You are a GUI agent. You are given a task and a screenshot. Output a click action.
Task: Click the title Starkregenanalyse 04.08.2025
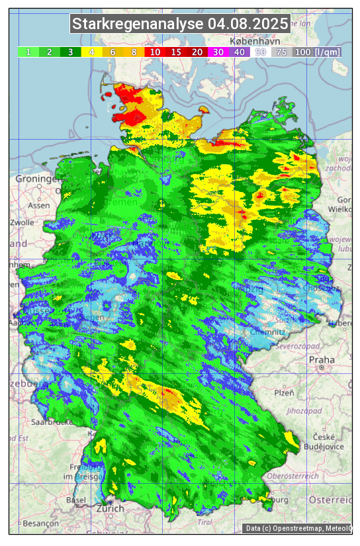tap(180, 24)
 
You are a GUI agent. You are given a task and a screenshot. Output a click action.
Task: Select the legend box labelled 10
tap(155, 52)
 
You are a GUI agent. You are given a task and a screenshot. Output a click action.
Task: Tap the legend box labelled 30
tap(218, 52)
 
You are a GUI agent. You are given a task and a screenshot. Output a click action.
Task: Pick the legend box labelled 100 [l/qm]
tap(317, 52)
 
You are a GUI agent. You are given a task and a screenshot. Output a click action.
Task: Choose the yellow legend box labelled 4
tap(92, 52)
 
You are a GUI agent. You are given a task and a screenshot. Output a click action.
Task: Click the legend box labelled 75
tap(281, 52)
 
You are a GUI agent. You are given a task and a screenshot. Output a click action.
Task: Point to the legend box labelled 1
tap(28, 52)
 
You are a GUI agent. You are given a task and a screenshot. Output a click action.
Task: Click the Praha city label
tap(322, 360)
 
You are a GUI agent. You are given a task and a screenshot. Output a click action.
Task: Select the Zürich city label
tap(110, 508)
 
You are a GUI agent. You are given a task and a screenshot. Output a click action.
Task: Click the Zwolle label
tap(21, 222)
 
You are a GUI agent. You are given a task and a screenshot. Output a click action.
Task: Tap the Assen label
tap(40, 205)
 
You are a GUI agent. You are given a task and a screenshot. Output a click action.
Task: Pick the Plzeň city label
tap(284, 392)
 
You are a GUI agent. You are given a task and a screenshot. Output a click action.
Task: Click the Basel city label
tap(76, 500)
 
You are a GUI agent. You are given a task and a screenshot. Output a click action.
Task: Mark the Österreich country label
tap(330, 498)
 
